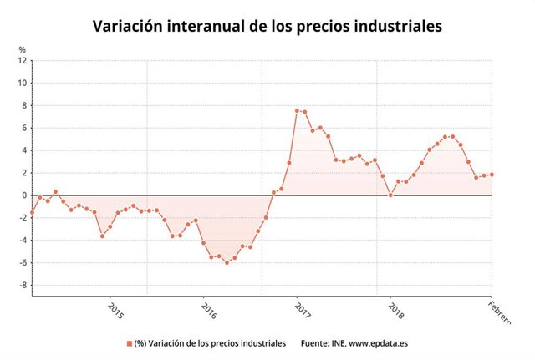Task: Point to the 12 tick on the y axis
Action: pyautogui.click(x=23, y=61)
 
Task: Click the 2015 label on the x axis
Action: pyautogui.click(x=116, y=310)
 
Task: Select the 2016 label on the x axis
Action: pyautogui.click(x=209, y=310)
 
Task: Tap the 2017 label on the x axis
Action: pyautogui.click(x=303, y=310)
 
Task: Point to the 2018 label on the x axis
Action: pyautogui.click(x=395, y=310)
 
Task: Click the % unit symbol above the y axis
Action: pyautogui.click(x=23, y=49)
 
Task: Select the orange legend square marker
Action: pyautogui.click(x=130, y=343)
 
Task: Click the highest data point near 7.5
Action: pyautogui.click(x=297, y=110)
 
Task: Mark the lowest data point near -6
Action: pyautogui.click(x=227, y=262)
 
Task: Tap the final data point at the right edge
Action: pyautogui.click(x=492, y=175)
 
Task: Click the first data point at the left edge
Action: pyautogui.click(x=32, y=212)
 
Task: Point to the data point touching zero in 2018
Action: pyautogui.click(x=391, y=195)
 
